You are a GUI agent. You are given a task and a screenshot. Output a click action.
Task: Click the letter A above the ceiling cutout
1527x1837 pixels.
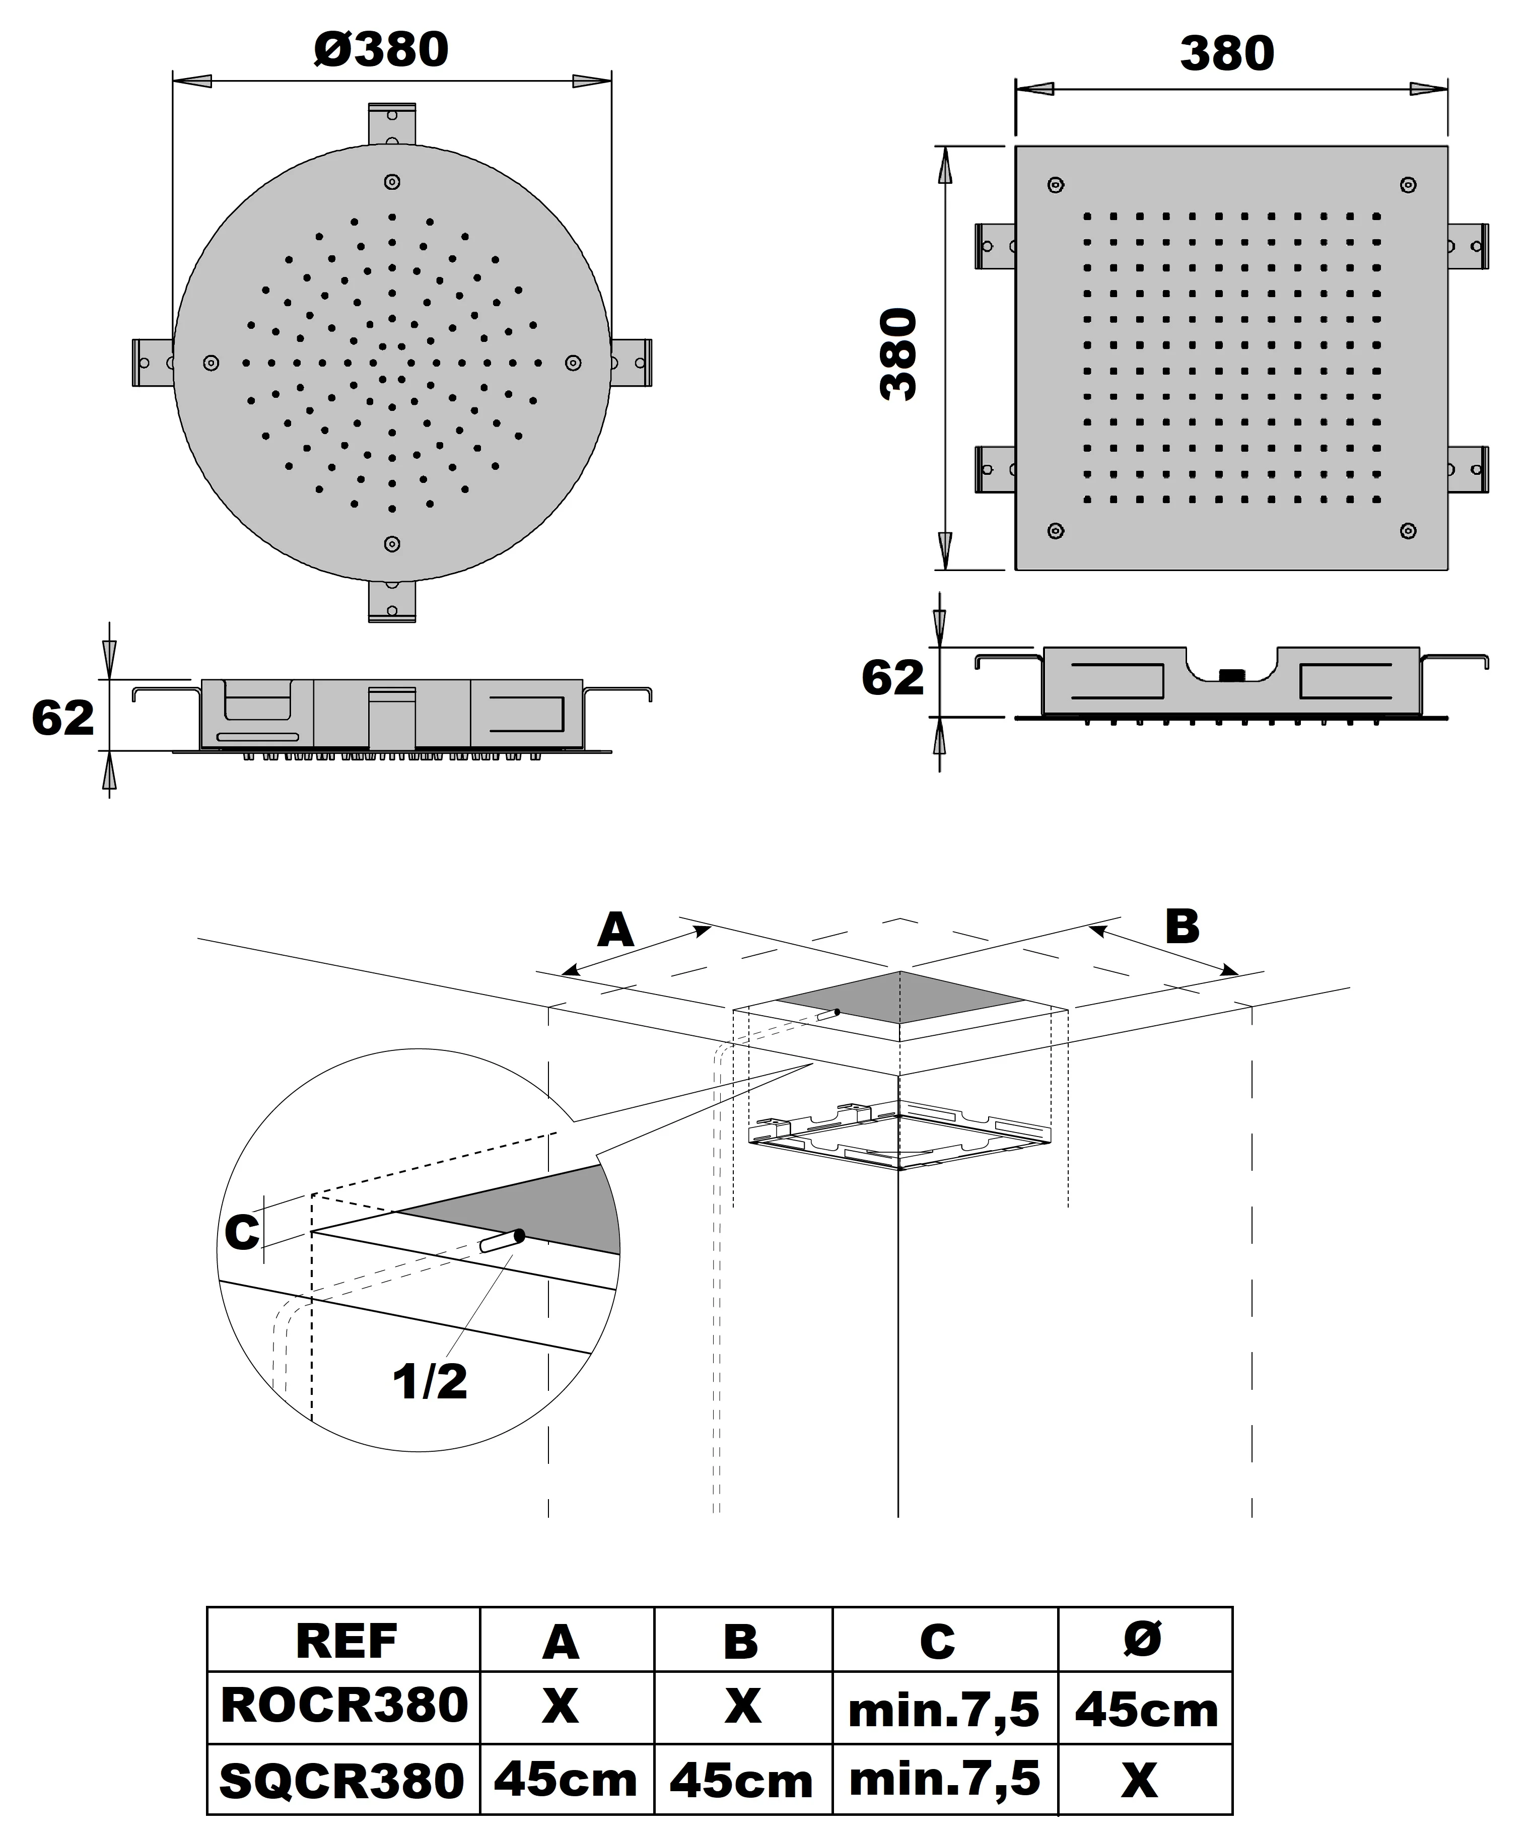[x=615, y=930]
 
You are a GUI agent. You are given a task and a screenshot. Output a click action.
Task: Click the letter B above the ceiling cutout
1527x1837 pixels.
[x=1182, y=927]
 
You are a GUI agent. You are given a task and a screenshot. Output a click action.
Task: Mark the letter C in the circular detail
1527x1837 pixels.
[x=242, y=1233]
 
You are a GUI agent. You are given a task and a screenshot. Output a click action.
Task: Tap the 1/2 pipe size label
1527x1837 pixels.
[x=429, y=1382]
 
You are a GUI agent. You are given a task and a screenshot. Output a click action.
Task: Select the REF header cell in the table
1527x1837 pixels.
[x=346, y=1642]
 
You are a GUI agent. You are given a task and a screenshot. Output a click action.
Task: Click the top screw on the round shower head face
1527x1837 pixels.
[x=392, y=182]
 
